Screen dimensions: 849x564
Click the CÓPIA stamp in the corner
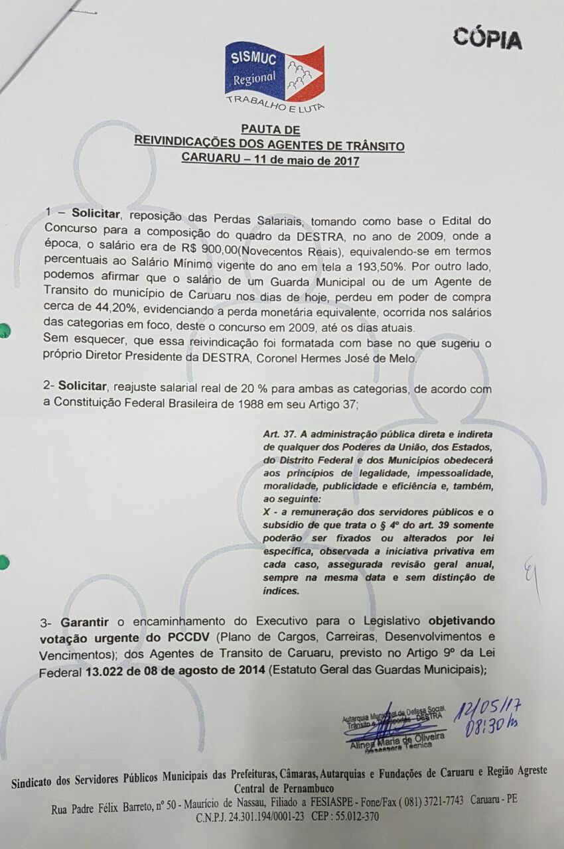[487, 38]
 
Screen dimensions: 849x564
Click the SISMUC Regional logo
[274, 72]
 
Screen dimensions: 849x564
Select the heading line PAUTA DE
[270, 130]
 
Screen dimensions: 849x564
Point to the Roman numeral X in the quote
[267, 512]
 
